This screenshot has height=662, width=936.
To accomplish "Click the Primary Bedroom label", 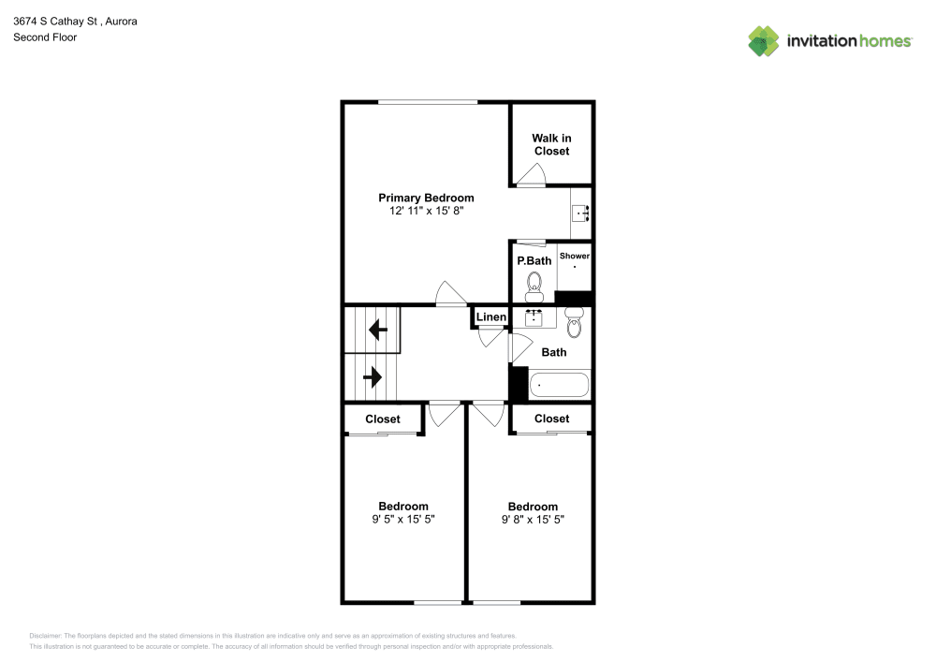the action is (426, 198).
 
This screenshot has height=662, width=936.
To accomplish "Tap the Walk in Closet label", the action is (551, 144).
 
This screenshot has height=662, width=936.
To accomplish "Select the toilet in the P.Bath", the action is (534, 287).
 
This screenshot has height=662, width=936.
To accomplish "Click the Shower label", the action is (575, 256).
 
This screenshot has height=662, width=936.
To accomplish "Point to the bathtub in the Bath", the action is (559, 385).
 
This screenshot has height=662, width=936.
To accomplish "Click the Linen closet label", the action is (490, 317).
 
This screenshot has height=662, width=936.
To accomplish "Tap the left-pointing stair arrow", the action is (378, 329).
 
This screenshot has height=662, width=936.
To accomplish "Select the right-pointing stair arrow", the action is (372, 377).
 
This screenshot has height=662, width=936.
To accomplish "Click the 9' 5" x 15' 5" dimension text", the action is (402, 520).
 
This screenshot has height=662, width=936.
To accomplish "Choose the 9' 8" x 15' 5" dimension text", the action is (533, 520).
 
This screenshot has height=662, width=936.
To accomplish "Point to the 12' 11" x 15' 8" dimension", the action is (426, 211).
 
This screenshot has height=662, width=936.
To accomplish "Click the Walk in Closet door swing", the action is (531, 174).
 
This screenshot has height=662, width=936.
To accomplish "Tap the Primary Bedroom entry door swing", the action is (451, 292).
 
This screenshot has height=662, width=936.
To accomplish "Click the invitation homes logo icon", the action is (764, 41).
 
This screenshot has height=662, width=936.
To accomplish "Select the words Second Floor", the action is (45, 37).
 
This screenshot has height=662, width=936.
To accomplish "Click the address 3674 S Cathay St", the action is (55, 21).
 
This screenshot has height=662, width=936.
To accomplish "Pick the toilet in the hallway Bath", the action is (574, 322).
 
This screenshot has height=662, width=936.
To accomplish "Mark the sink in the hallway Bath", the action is (534, 317).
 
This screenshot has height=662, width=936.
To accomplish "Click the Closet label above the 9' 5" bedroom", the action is (383, 419).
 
